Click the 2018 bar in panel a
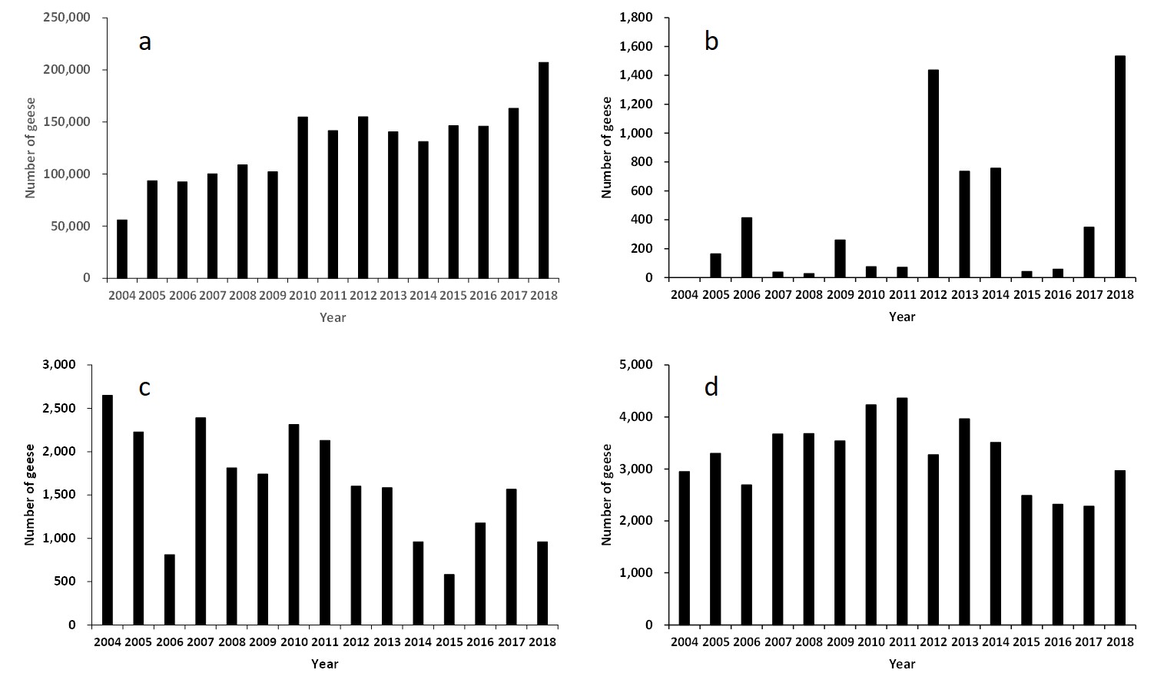coord(543,170)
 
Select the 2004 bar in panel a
coord(122,249)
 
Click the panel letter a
coord(144,41)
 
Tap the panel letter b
coord(711,41)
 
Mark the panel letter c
coord(144,387)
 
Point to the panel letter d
coord(711,387)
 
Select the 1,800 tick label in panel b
coord(636,18)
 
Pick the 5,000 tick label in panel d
coord(636,365)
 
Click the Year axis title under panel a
coord(333,317)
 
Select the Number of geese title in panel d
coord(607,495)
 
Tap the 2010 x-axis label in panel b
coord(871,295)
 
